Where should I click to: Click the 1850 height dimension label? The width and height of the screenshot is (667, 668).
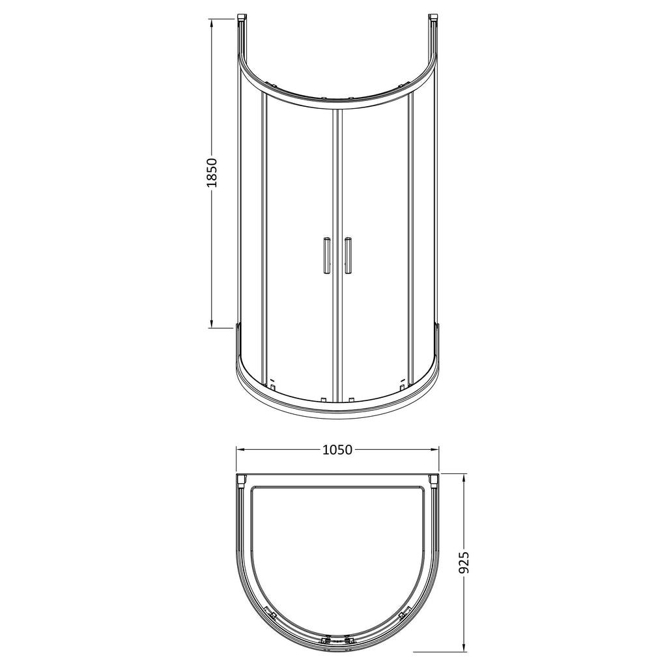click(x=212, y=173)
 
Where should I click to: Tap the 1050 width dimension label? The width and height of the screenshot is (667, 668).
click(x=337, y=449)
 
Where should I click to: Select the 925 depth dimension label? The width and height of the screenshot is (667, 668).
click(x=464, y=563)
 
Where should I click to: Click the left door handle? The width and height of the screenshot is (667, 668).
click(x=326, y=255)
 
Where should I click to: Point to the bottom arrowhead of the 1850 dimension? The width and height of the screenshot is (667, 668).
click(x=212, y=323)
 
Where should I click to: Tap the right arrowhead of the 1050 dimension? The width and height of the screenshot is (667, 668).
click(x=433, y=449)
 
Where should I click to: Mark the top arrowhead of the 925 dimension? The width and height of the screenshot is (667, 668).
click(x=464, y=479)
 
